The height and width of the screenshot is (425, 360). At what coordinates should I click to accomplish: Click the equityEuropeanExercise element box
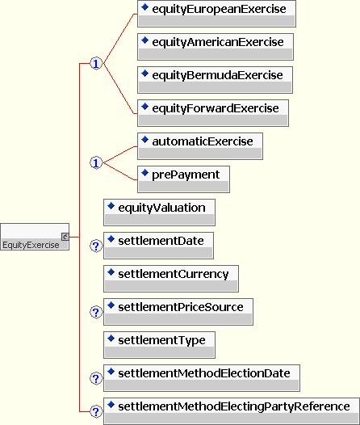216,14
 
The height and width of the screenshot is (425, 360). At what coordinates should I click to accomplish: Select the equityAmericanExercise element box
216,47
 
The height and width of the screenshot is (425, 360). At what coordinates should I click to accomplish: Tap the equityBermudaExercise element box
215,80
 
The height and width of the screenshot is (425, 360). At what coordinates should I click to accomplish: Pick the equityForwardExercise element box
213,113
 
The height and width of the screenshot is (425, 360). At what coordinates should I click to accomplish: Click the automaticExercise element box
200,146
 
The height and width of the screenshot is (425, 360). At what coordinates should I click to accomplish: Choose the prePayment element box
183,179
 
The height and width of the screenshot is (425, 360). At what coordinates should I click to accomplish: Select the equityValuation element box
160,212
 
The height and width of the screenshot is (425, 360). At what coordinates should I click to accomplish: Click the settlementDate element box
158,246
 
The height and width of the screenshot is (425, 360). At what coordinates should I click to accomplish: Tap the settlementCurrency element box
171,279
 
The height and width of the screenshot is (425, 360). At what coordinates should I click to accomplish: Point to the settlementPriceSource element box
178,312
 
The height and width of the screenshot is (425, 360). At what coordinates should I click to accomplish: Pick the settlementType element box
160,345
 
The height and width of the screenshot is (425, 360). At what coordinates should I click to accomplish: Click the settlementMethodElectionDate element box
202,378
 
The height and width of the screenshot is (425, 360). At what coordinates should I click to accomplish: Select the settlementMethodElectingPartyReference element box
232,411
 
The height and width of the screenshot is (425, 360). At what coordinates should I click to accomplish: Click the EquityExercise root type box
35,237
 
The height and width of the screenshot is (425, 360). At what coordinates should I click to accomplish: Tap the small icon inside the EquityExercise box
65,237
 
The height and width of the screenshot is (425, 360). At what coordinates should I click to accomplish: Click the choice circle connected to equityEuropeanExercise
96,64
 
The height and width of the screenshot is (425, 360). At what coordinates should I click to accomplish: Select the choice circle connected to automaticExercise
96,163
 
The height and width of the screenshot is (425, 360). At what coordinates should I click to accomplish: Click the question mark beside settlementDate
96,246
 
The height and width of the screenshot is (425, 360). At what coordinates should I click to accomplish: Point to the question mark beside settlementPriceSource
96,312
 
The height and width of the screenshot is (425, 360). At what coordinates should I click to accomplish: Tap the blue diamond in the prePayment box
144,172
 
